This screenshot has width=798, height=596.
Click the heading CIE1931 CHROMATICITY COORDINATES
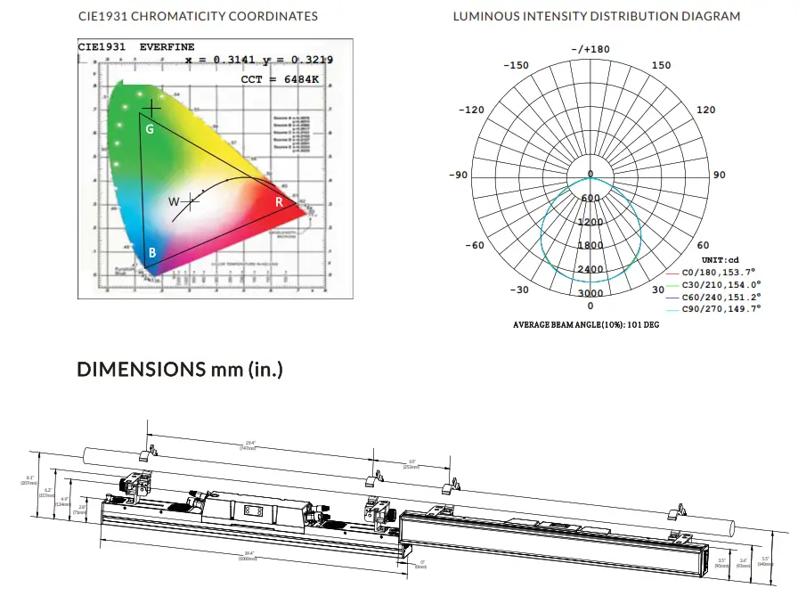198,16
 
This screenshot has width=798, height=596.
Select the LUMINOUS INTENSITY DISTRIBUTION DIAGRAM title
596,16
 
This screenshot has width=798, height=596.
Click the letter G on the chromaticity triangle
150,130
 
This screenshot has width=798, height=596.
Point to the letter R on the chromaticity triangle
279,202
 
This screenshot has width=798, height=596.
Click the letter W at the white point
174,201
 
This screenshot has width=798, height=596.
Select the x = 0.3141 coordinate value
222,60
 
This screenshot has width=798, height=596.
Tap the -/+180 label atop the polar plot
590,49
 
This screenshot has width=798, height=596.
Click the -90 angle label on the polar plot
458,176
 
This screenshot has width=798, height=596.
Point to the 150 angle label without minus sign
662,65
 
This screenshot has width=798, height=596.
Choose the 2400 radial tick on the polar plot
590,269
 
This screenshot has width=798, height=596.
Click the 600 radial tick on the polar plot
590,199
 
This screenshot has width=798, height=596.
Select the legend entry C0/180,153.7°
718,271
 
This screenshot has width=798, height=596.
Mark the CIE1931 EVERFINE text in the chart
135,46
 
